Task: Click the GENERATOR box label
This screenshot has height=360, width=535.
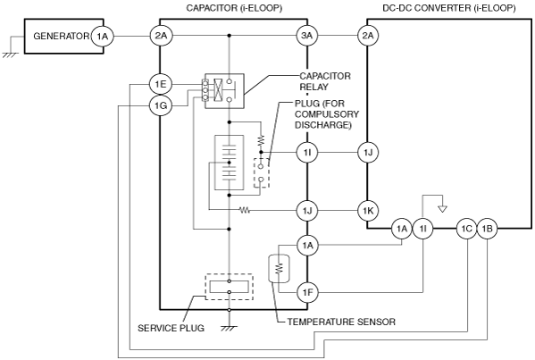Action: [x=61, y=36]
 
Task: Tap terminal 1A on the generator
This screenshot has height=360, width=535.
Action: [x=102, y=36]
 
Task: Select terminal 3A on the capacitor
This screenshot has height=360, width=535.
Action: [x=307, y=36]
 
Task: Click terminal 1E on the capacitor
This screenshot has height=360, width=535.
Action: [x=161, y=84]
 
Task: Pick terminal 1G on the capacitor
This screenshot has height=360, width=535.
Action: [x=161, y=105]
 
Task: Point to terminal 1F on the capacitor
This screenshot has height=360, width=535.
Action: [x=307, y=292]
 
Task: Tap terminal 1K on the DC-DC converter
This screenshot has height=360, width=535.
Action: [x=367, y=211]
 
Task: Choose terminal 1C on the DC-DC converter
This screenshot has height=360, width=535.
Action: [x=466, y=229]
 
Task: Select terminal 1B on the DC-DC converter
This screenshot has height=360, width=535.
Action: [x=487, y=229]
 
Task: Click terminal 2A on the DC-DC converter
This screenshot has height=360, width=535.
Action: [x=367, y=36]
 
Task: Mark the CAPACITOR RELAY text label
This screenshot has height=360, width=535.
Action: [x=325, y=81]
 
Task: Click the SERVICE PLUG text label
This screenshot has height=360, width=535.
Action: [x=171, y=328]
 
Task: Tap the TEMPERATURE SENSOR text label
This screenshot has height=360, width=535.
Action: [x=341, y=322]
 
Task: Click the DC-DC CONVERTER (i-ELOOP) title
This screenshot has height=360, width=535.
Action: [x=449, y=8]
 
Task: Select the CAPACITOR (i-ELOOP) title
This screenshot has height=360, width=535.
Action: [x=234, y=8]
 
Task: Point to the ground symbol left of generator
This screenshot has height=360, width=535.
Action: [x=10, y=54]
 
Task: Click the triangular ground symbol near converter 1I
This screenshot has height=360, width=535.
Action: [x=442, y=208]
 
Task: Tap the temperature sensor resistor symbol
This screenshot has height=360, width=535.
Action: [x=279, y=269]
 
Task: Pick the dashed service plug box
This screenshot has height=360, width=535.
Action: [x=229, y=287]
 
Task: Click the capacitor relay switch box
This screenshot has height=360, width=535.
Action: [x=224, y=91]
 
